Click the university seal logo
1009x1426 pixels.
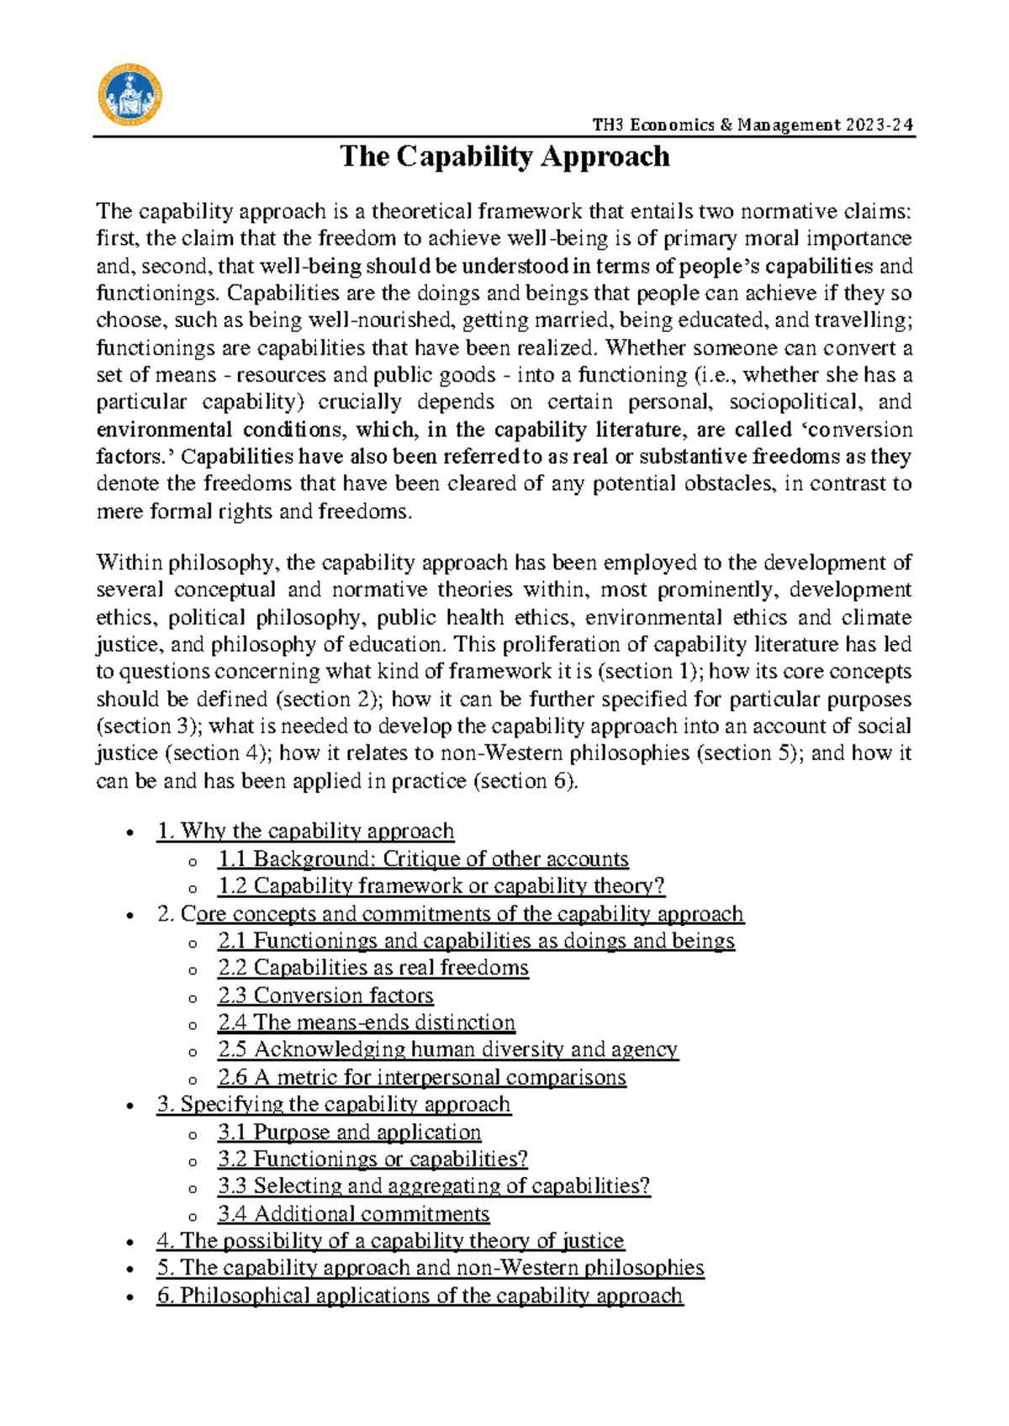(129, 96)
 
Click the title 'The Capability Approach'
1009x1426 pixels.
(504, 157)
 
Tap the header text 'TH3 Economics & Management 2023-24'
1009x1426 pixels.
(752, 125)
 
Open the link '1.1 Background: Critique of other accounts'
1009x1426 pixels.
(423, 858)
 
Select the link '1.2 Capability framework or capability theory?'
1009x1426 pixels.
(441, 885)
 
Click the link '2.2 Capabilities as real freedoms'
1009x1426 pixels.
(372, 967)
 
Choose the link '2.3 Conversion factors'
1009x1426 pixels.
(325, 995)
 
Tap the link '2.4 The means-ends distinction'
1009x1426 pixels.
(366, 1022)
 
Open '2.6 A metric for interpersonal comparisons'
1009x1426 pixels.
(421, 1077)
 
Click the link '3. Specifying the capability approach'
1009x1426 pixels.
(334, 1104)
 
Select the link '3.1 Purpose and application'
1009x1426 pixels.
(349, 1132)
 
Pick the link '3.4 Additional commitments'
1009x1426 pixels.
(353, 1213)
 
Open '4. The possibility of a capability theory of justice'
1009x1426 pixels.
(390, 1240)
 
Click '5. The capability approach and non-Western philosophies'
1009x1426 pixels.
(430, 1267)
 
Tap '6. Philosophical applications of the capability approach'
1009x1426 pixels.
(420, 1295)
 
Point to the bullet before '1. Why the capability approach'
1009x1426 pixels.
(129, 832)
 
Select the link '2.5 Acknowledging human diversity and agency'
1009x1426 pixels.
(447, 1049)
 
